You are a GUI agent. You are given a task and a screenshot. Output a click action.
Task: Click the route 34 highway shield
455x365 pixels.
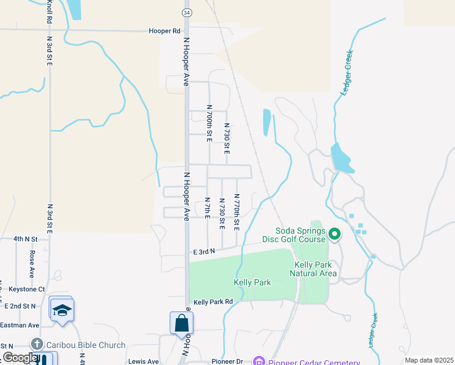(186, 12)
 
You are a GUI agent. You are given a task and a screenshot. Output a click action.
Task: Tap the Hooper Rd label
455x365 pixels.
(165, 30)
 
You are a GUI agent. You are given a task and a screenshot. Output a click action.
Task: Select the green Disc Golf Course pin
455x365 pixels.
(334, 234)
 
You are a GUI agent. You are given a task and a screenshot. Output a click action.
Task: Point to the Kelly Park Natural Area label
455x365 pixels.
(315, 269)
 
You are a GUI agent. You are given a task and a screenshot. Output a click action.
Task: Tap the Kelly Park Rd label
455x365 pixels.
(213, 302)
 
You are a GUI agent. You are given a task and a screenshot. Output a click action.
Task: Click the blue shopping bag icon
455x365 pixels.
(182, 323)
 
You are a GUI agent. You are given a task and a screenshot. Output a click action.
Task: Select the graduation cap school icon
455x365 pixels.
(61, 310)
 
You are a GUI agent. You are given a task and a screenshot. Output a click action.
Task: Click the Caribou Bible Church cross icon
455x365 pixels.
(36, 345)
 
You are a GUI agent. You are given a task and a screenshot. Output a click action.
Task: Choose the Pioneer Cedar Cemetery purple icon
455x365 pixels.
(259, 362)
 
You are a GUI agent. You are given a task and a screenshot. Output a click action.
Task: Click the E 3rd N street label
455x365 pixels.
(205, 251)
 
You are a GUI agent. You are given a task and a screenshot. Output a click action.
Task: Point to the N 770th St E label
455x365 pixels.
(237, 212)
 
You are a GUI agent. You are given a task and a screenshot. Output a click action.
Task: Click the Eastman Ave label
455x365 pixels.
(19, 325)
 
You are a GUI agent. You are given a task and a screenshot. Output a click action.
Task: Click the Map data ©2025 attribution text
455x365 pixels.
(428, 360)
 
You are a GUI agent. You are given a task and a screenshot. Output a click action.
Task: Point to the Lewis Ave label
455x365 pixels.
(144, 361)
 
